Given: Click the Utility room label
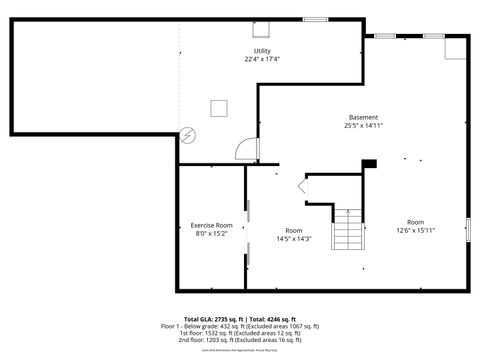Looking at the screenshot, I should click(x=262, y=51).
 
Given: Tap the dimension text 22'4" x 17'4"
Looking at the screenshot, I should click(x=262, y=59).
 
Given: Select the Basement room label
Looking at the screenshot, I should click(x=363, y=117).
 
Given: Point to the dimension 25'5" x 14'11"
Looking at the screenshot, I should click(x=363, y=125).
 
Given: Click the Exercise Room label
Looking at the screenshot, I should click(x=211, y=225).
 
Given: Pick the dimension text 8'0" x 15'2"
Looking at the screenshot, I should click(x=211, y=233).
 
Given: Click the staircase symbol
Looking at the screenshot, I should click(x=347, y=229).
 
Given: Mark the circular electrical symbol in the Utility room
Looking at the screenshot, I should click(x=189, y=135).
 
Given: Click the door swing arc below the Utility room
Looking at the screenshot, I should click(x=243, y=150).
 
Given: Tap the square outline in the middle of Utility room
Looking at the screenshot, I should click(x=219, y=108).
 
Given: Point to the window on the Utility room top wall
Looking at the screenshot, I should click(x=316, y=19).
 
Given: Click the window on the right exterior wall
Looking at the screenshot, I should click(x=467, y=228).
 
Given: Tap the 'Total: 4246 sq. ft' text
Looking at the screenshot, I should click(x=274, y=318).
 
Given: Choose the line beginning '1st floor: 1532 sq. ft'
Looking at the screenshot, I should click(x=240, y=333).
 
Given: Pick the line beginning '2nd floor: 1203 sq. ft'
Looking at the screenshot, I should click(x=240, y=340).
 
